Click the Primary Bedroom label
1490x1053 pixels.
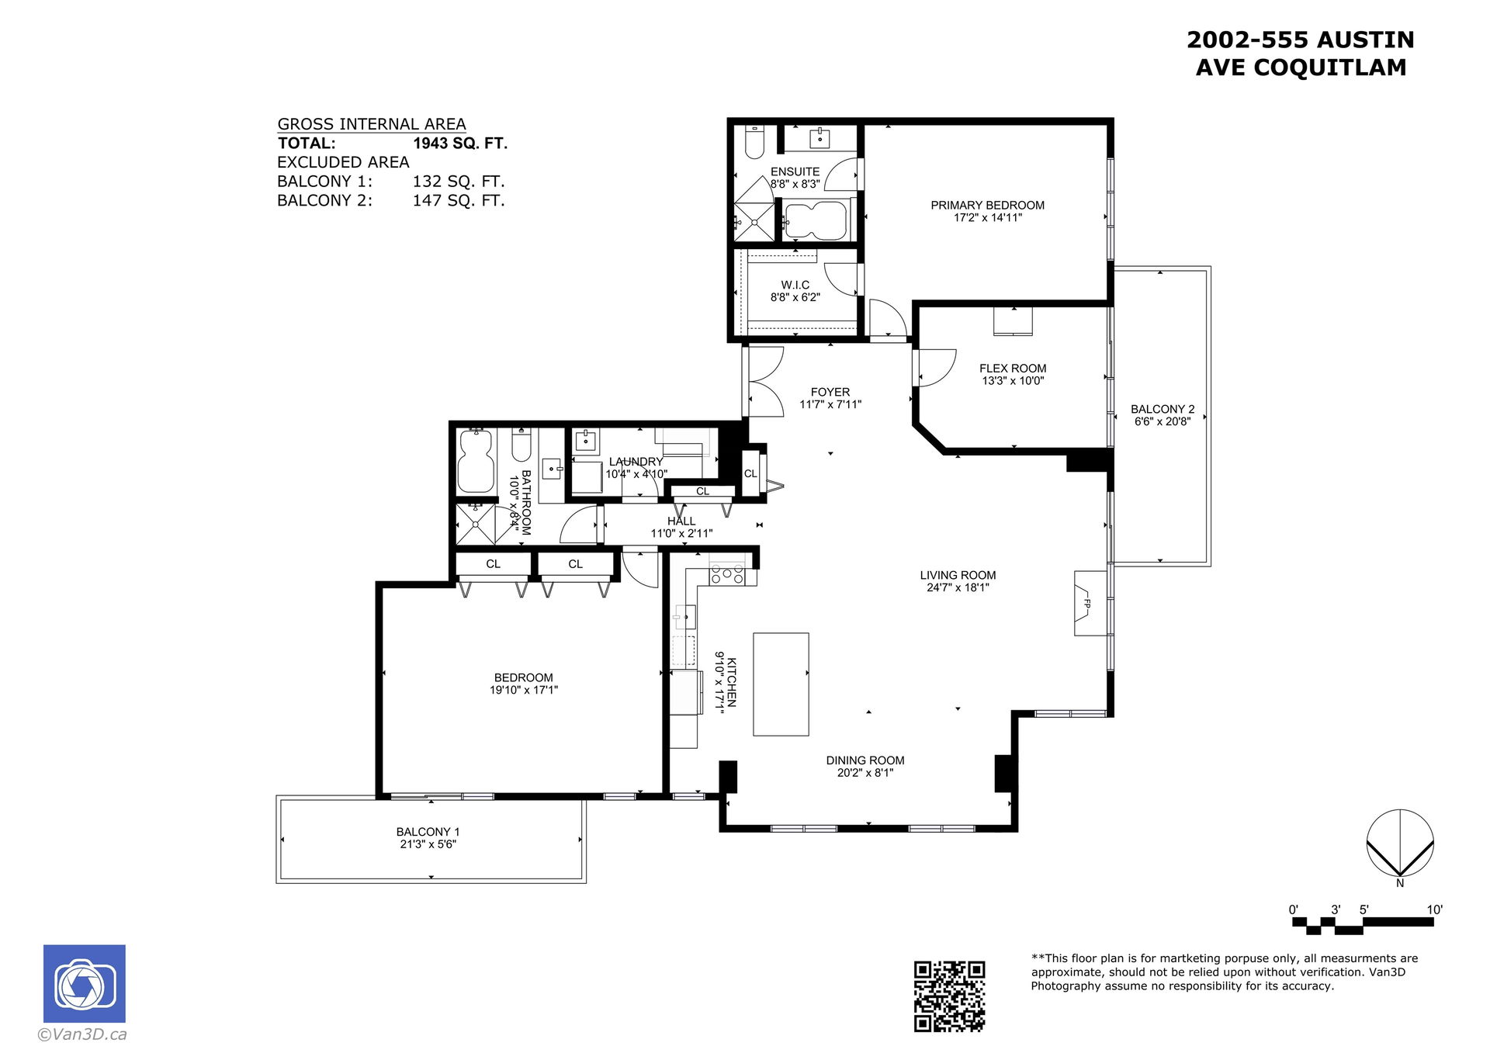tap(987, 205)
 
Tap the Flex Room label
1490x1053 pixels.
tap(1013, 369)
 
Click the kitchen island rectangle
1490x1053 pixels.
tap(781, 684)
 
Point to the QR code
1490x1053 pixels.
tap(949, 996)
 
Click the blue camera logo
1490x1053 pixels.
tap(85, 983)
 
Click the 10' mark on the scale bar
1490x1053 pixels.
tap(1434, 909)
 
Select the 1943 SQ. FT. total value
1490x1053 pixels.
tap(460, 144)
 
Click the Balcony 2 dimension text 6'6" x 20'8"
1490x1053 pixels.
tap(1163, 421)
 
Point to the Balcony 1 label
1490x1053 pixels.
tap(428, 832)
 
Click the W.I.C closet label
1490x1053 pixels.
tap(795, 285)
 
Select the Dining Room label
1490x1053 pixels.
tap(865, 760)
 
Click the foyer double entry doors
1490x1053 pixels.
tap(765, 381)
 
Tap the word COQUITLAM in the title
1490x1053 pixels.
tap(1329, 68)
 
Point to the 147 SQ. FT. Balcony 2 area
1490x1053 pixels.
tap(459, 201)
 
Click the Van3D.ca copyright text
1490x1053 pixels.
tap(81, 1034)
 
